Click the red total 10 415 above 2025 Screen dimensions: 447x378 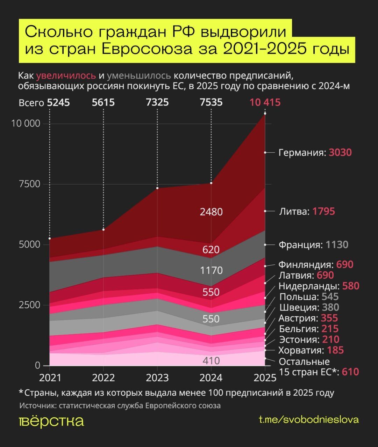point(265,102)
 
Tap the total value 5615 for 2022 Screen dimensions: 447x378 point(103,102)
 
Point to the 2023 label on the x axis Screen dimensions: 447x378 point(157,378)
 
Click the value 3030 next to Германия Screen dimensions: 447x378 point(340,153)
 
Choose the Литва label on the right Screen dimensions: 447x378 point(294,211)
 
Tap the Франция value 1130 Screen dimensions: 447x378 point(337,244)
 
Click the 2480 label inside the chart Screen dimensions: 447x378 point(211,212)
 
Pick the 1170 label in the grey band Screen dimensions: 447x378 point(211,270)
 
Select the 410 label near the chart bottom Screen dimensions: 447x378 point(211,360)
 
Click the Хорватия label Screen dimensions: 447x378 point(301,350)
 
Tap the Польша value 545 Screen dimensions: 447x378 point(330,297)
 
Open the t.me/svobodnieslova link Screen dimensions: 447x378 point(309,419)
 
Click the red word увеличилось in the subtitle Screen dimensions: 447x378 point(66,75)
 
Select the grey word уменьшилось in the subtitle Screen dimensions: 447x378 point(139,75)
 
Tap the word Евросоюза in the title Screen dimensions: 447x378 point(147,49)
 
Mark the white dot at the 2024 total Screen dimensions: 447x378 point(211,183)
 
